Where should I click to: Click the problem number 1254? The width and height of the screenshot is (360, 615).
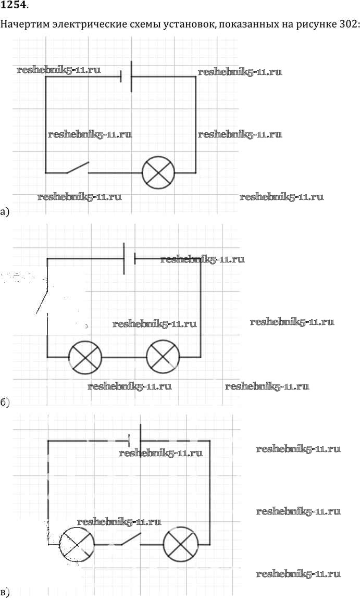tap(15, 6)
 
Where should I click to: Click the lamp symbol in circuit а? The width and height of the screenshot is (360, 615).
tap(158, 172)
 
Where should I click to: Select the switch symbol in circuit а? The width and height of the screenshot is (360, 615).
tap(78, 168)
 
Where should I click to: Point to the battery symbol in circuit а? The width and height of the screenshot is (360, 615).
tap(126, 77)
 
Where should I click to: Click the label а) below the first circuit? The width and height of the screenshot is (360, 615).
tap(5, 211)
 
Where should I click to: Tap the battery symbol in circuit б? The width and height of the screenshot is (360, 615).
tap(129, 258)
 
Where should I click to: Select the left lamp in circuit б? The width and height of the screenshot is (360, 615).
tap(85, 357)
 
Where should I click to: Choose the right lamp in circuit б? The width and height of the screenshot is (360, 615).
tap(163, 357)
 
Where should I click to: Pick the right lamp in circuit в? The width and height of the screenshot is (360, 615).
tap(180, 544)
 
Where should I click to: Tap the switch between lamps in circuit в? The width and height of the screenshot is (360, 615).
tap(130, 539)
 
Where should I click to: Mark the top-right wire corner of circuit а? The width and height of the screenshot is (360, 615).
tap(196, 77)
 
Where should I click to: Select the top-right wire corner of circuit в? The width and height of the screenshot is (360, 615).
tap(210, 441)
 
